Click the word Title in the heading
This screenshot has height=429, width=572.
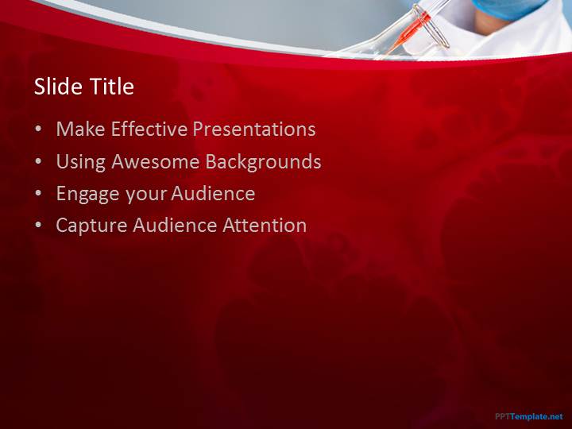click(112, 87)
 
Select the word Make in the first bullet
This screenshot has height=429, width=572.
click(80, 129)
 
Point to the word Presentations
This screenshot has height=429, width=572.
click(254, 129)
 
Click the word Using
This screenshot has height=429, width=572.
click(80, 161)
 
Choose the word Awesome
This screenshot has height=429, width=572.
click(156, 161)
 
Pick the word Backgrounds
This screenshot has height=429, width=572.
click(263, 161)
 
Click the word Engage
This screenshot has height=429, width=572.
click(87, 194)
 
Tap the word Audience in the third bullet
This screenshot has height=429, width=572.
click(213, 193)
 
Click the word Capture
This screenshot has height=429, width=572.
click(91, 226)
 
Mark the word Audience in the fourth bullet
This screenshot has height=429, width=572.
click(175, 225)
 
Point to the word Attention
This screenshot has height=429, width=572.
click(265, 225)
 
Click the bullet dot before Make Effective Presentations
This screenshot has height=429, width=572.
click(38, 129)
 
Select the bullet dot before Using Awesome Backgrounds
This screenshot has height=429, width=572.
click(38, 161)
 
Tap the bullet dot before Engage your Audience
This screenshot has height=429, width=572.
click(38, 194)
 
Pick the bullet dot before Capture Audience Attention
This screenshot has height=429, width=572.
click(38, 226)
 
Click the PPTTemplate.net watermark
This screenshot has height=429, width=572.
click(529, 416)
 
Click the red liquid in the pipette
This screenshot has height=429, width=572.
click(410, 32)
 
